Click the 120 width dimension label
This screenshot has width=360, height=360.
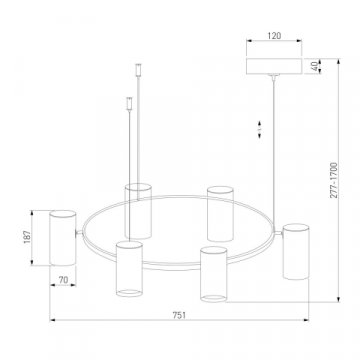click(x=274, y=36)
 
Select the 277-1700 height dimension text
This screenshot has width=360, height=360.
click(x=334, y=180)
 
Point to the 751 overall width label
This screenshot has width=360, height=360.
click(x=179, y=315)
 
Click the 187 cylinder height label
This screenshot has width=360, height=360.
click(x=27, y=237)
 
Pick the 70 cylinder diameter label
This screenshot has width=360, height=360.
click(x=63, y=280)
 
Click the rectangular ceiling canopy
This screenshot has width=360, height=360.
click(x=274, y=66)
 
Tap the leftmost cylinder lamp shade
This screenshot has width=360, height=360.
click(x=63, y=238)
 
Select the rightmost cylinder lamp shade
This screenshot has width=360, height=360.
click(x=296, y=251)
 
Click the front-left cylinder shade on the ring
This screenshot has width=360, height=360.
click(x=129, y=269)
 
